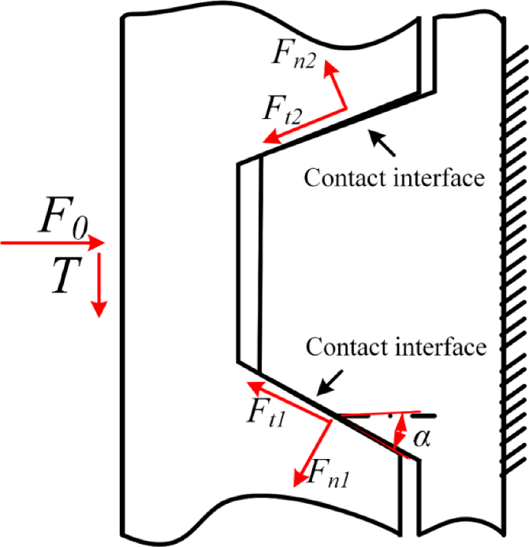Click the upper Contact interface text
tap(394, 178)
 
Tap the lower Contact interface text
tap(397, 346)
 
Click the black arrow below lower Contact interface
tap(333, 379)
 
